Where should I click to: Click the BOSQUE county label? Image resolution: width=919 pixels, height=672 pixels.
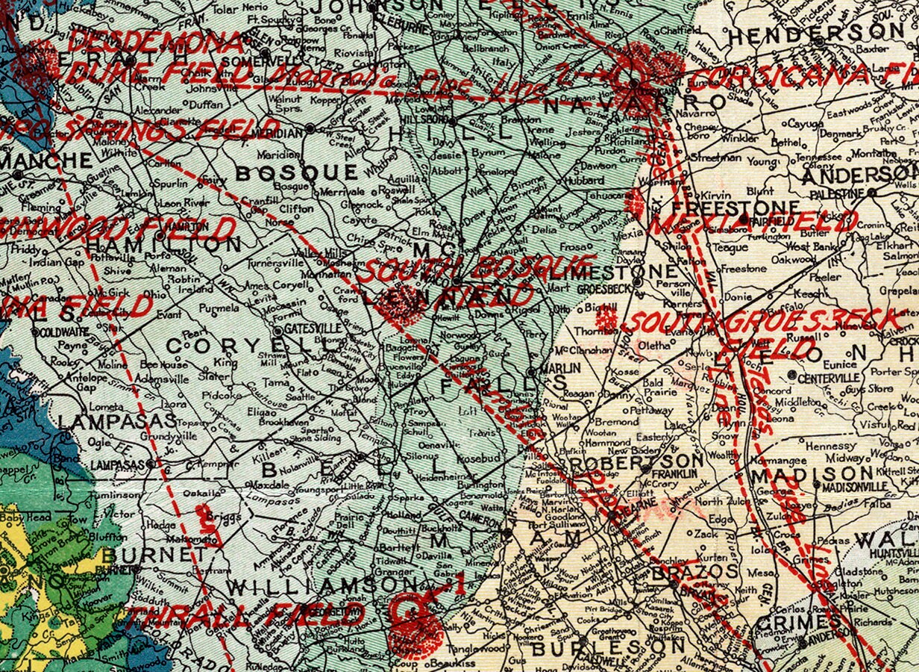(x=297, y=173)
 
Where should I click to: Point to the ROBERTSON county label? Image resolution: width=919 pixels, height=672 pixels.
(x=635, y=464)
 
